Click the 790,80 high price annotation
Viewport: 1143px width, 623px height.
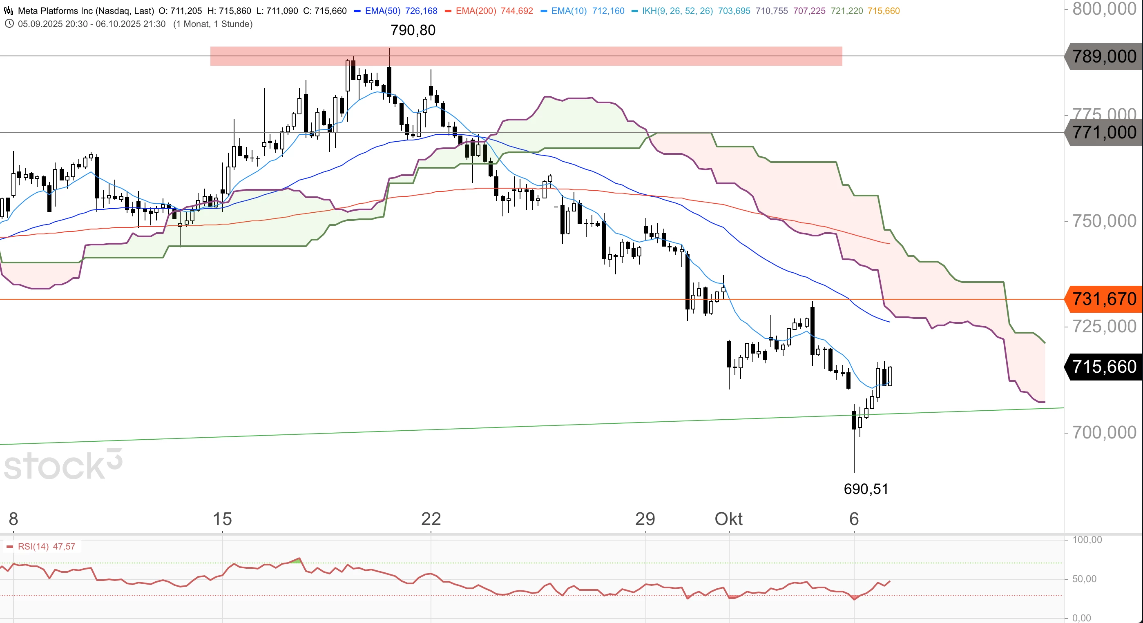point(413,30)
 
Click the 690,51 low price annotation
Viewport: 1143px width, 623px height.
point(866,489)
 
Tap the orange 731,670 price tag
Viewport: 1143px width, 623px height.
point(1104,299)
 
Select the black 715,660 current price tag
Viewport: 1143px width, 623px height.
point(1104,367)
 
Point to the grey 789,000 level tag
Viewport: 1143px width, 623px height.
point(1104,56)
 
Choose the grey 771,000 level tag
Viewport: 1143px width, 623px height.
point(1104,132)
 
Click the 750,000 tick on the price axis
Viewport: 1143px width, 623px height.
point(1104,221)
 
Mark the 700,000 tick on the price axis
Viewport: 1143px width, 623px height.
point(1104,432)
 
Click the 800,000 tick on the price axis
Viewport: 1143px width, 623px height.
point(1104,9)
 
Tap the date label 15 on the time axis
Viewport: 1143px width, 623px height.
point(222,518)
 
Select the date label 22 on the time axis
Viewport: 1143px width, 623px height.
point(431,518)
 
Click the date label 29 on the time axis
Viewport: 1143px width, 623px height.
point(645,518)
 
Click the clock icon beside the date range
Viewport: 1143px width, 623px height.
point(9,24)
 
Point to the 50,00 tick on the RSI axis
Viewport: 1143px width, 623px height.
point(1084,578)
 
